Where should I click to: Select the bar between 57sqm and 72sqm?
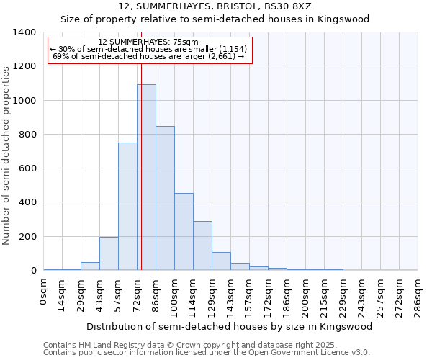point(127,207)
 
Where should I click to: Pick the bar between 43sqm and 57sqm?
point(109,253)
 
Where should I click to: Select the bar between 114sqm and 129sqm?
point(202,246)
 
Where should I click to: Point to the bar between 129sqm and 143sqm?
point(221,261)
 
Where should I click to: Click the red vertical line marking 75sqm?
point(141,158)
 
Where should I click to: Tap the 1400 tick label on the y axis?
point(24,32)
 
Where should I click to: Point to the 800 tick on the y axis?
point(27,135)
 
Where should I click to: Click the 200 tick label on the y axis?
point(27,237)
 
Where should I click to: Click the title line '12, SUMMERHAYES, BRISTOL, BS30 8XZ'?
point(215,6)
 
